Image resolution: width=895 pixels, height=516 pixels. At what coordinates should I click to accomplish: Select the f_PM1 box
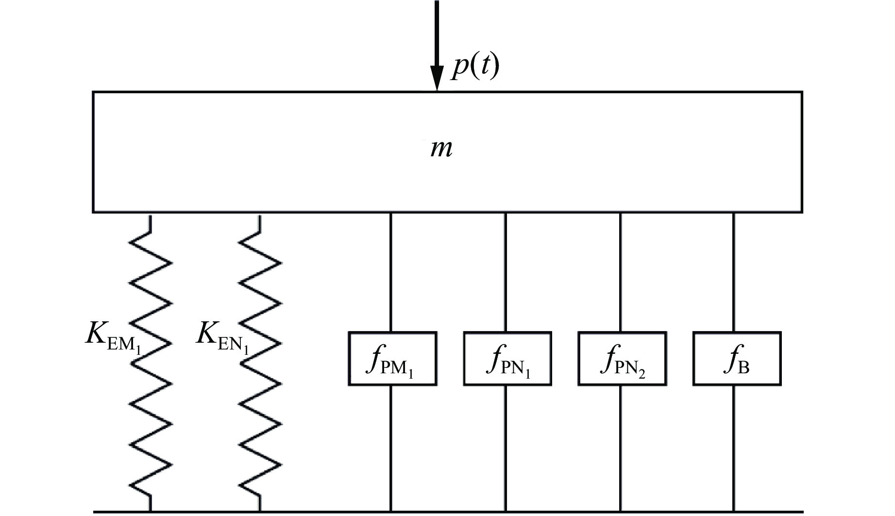point(392,359)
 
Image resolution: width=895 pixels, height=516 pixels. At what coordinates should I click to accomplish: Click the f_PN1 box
point(507,359)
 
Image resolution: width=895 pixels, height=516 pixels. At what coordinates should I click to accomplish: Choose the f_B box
point(737,359)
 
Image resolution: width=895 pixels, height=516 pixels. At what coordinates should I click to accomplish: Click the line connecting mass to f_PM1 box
point(391,272)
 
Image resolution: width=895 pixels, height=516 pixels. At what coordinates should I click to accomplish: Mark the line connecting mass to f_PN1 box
point(506,272)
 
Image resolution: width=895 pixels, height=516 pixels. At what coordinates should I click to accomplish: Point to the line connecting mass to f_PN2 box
point(620,272)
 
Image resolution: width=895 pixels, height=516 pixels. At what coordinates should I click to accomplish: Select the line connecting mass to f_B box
point(733,272)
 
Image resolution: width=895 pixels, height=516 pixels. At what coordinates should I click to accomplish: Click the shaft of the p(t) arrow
point(437,29)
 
